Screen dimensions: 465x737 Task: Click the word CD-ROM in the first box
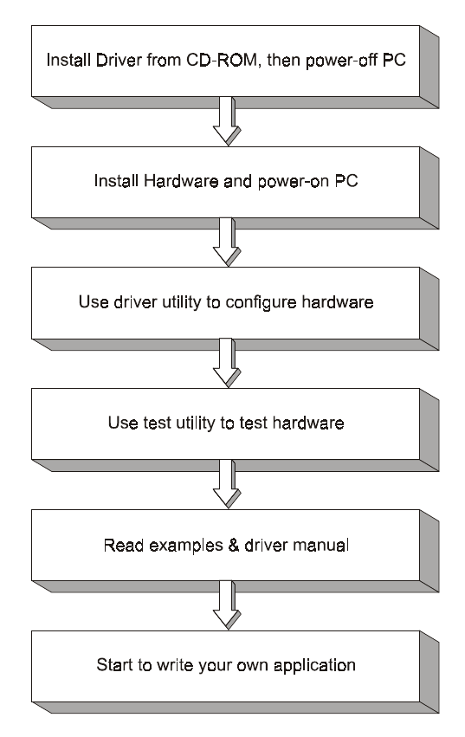tap(222, 60)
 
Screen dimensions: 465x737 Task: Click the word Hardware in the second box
tap(181, 181)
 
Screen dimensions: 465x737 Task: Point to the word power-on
tap(294, 182)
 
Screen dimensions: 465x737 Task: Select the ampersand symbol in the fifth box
tap(234, 546)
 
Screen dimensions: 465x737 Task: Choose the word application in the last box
tap(314, 666)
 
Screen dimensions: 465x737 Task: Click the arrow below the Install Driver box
tap(227, 121)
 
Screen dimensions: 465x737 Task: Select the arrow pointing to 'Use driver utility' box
tap(227, 242)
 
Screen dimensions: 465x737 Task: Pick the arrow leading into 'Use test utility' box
tap(227, 363)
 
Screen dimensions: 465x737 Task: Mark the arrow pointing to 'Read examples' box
tap(227, 484)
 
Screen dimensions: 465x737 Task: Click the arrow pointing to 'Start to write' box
tap(227, 604)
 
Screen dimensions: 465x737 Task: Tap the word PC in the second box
tap(346, 181)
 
